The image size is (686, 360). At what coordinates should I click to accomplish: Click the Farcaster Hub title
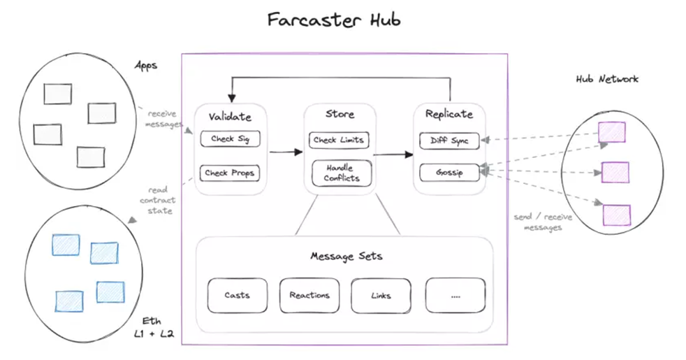pyautogui.click(x=334, y=20)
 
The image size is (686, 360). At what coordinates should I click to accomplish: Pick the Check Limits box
pyautogui.click(x=339, y=140)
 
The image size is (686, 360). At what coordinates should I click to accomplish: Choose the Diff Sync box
pyautogui.click(x=449, y=141)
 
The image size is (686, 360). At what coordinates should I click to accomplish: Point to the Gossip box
pyautogui.click(x=449, y=172)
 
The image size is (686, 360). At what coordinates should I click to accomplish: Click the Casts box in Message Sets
pyautogui.click(x=238, y=295)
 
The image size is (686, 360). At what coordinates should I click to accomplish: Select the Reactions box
pyautogui.click(x=309, y=295)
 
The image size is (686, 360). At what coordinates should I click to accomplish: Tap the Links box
pyautogui.click(x=381, y=295)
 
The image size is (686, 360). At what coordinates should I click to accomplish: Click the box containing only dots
pyautogui.click(x=455, y=295)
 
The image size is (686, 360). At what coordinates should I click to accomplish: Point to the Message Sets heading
pyautogui.click(x=346, y=256)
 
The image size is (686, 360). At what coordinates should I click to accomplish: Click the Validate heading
pyautogui.click(x=229, y=117)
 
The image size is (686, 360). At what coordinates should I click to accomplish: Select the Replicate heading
pyautogui.click(x=448, y=114)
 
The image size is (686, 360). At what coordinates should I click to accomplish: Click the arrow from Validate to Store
pyautogui.click(x=282, y=151)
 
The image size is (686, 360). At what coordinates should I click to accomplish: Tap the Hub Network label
pyautogui.click(x=606, y=79)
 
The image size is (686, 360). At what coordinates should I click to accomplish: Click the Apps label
pyautogui.click(x=145, y=66)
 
